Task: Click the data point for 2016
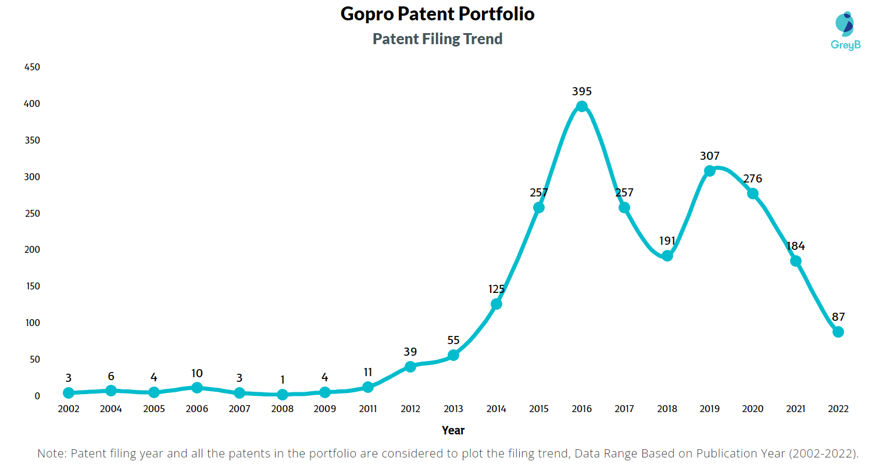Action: coord(581,106)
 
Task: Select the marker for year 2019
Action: coord(710,171)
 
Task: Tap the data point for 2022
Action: coord(838,332)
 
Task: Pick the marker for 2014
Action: coord(496,304)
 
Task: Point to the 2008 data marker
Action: coord(282,395)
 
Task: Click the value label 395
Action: coord(581,91)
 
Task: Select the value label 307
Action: coord(710,156)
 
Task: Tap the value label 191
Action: coord(667,241)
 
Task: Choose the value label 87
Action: coord(838,317)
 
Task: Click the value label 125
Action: coord(496,289)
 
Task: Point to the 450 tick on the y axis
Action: coord(32,67)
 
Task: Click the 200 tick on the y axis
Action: coord(32,250)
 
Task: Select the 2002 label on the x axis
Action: coord(69,409)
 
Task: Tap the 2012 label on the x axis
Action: coord(410,409)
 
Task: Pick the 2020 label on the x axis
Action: coord(752,409)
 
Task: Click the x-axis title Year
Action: coord(453,431)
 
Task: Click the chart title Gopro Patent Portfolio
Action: coord(437,15)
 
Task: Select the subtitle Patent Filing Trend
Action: coord(437,39)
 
